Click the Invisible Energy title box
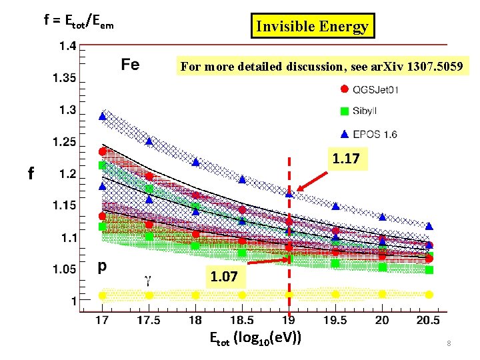(x=312, y=27)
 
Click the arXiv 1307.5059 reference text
(x=325, y=67)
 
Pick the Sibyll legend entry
(x=361, y=111)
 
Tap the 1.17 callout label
(x=347, y=159)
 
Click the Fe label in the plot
(x=130, y=65)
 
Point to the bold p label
(x=102, y=266)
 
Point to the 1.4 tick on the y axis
(x=66, y=47)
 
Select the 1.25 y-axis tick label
(x=64, y=142)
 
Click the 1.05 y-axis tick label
(x=64, y=269)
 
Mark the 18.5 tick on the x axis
(x=242, y=321)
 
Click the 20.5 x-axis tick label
(x=429, y=321)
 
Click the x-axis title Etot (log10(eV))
(x=255, y=339)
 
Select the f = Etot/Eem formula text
(x=79, y=21)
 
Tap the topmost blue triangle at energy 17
(x=102, y=116)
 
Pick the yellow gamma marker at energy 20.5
(x=429, y=294)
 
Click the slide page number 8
(x=449, y=343)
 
